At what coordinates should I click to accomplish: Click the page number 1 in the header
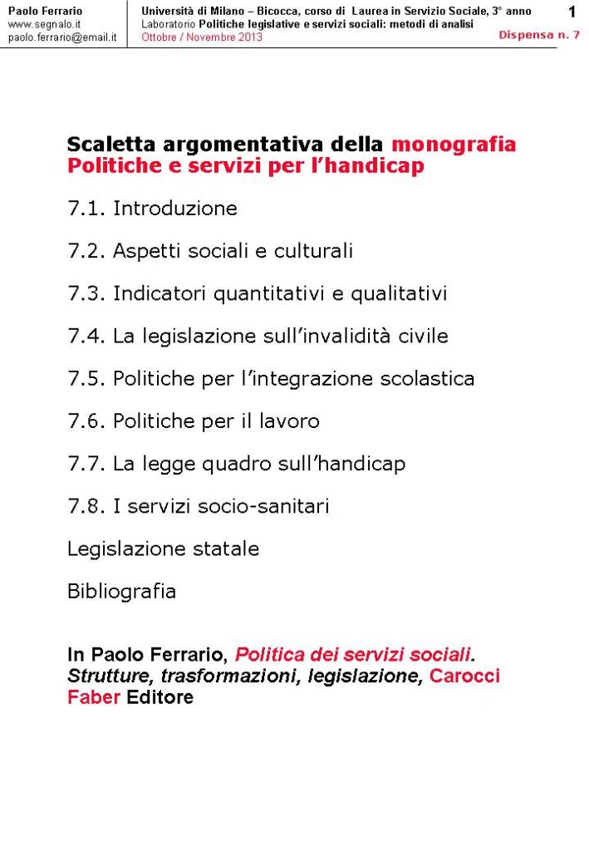pos(572,12)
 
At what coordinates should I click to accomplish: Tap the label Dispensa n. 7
pos(539,35)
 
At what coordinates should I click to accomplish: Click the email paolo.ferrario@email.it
pos(61,37)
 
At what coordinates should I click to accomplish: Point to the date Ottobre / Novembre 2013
pos(201,37)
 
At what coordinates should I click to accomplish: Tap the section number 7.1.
pos(86,209)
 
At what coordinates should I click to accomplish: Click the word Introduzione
pos(175,209)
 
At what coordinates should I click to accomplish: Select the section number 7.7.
pos(86,464)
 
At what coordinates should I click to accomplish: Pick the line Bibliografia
pos(121,592)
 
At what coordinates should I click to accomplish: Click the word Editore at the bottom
pos(160,697)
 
